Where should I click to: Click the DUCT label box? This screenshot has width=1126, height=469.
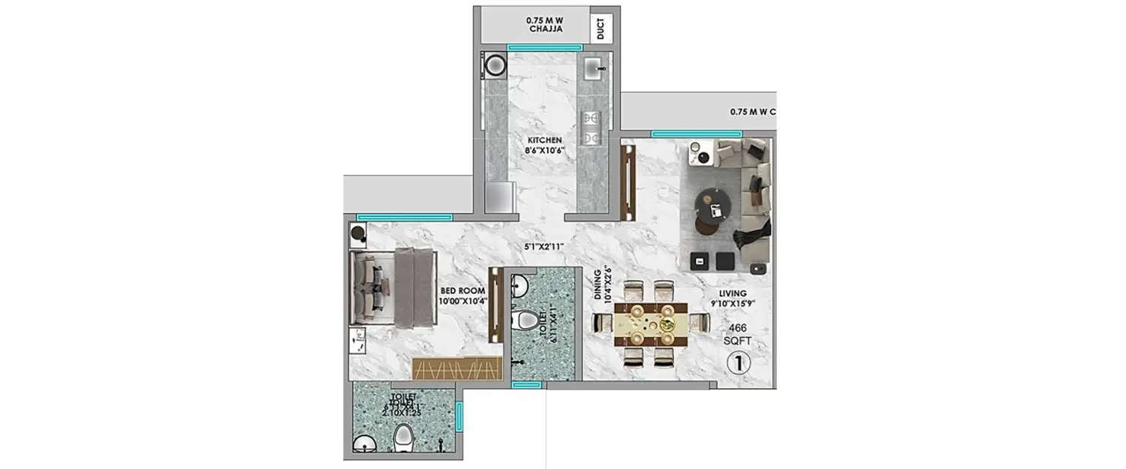click(x=601, y=29)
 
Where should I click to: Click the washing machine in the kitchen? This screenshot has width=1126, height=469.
click(x=495, y=65)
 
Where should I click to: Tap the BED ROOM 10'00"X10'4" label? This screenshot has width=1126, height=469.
click(x=463, y=296)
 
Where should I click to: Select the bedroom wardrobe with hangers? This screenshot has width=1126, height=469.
click(x=456, y=368)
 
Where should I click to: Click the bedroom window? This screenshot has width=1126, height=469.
click(x=405, y=217)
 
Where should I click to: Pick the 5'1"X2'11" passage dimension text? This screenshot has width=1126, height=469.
click(x=546, y=245)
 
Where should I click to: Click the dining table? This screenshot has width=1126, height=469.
click(x=651, y=323)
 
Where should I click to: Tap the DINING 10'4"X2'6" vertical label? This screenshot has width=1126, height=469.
click(x=602, y=285)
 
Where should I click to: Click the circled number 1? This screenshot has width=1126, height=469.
click(x=739, y=364)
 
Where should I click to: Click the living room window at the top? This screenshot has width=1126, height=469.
click(x=685, y=134)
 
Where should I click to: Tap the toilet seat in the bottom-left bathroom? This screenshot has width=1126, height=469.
click(x=403, y=437)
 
